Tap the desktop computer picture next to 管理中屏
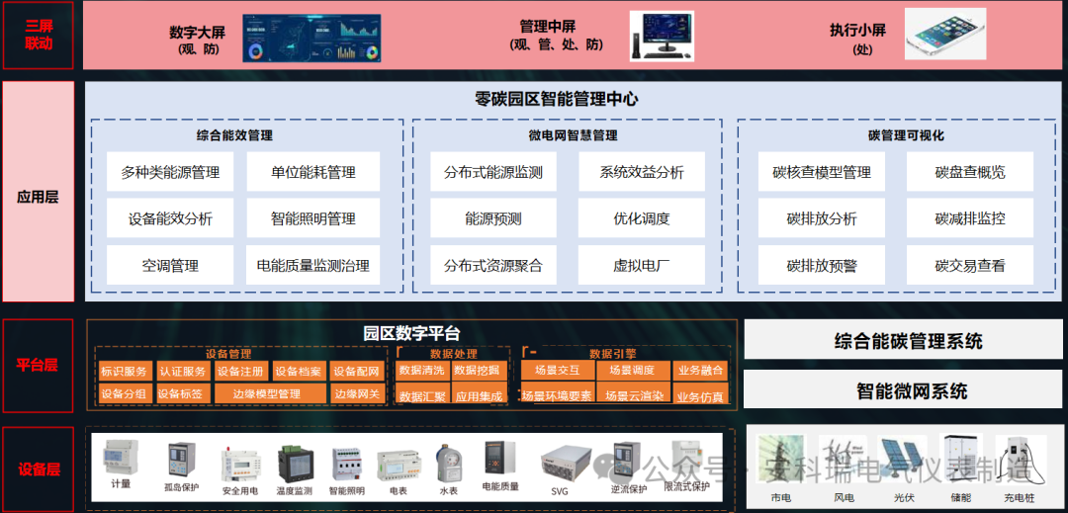[661, 37]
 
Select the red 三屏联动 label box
[38, 35]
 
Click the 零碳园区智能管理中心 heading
[556, 99]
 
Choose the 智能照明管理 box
[312, 218]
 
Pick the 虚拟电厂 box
[641, 266]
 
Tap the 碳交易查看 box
[969, 266]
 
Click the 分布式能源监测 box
[492, 172]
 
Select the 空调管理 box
[170, 266]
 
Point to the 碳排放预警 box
[821, 266]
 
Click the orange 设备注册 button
[240, 372]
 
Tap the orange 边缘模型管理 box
[267, 394]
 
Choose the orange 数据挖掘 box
[479, 371]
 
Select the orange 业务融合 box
[701, 371]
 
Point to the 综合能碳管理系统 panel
[904, 340]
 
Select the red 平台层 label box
[38, 365]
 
